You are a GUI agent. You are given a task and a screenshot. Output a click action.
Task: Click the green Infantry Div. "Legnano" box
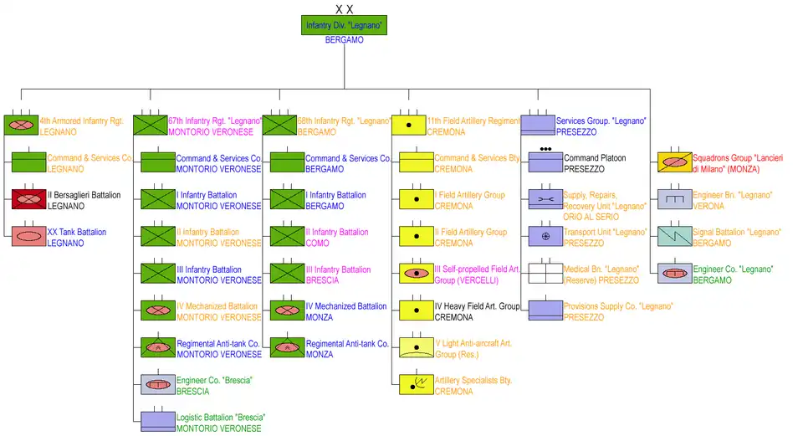[x=344, y=25]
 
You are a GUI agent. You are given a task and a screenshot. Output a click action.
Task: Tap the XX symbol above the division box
[x=344, y=9]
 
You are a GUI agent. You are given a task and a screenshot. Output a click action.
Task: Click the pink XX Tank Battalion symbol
[x=29, y=236]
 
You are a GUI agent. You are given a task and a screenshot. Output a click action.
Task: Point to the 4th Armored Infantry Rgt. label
[x=81, y=121]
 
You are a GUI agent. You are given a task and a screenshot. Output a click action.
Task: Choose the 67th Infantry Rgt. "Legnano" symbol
[x=151, y=126]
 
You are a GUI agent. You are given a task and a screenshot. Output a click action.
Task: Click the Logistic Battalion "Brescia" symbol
[x=158, y=421]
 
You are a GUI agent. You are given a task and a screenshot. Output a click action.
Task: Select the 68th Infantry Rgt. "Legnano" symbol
[x=279, y=126]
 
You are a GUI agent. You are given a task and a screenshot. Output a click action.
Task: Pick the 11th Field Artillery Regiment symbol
[x=409, y=126]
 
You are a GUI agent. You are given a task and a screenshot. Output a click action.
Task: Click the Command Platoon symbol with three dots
[x=545, y=162]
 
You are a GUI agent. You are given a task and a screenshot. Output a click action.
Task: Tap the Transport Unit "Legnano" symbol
[x=545, y=236]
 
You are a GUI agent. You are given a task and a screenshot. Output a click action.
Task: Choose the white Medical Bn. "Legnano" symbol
[x=545, y=273]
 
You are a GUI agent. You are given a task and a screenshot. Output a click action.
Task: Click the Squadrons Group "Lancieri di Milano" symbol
[x=674, y=162]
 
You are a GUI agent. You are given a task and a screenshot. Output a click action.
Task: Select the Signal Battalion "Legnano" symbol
[x=674, y=236]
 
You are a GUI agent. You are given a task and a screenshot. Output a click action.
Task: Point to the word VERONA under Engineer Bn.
[x=709, y=206]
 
